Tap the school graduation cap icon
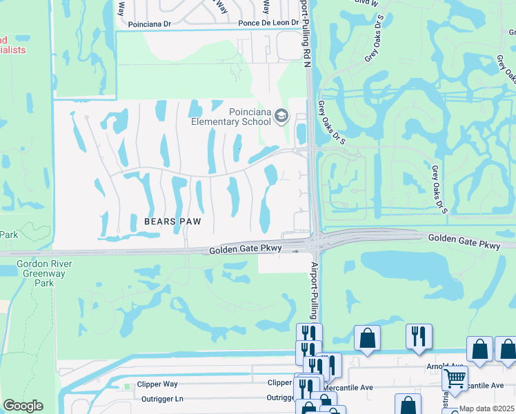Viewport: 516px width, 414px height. pyautogui.click(x=281, y=115)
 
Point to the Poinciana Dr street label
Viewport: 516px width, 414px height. pyautogui.click(x=149, y=23)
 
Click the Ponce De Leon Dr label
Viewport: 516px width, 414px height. pyautogui.click(x=268, y=23)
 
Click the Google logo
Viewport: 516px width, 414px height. pyautogui.click(x=23, y=406)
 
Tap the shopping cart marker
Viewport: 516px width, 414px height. pyautogui.click(x=455, y=377)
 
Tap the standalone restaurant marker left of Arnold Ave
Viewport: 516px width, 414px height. pyautogui.click(x=418, y=336)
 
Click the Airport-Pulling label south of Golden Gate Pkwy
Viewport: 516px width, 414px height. pyautogui.click(x=314, y=290)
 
